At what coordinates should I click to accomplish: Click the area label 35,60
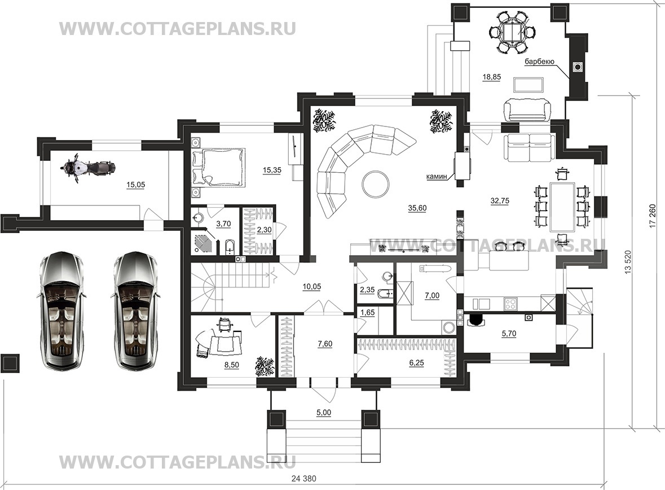(x=417, y=208)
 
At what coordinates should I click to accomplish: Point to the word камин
(x=437, y=176)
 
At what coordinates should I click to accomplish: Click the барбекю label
(x=539, y=62)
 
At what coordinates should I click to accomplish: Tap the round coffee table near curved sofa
(x=375, y=184)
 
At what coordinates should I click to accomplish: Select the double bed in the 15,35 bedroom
(x=218, y=167)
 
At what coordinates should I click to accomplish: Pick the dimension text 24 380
(x=304, y=479)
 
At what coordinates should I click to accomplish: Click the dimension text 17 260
(x=652, y=216)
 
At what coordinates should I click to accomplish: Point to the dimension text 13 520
(x=628, y=262)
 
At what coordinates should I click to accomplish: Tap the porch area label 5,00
(x=324, y=412)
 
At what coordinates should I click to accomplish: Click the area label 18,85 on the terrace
(x=491, y=77)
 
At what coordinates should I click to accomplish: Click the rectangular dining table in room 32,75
(x=562, y=207)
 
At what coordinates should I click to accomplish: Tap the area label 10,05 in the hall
(x=312, y=287)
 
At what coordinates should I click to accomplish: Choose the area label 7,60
(x=325, y=344)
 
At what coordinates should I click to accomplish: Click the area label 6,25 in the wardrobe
(x=416, y=363)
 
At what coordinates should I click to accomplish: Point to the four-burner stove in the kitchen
(x=510, y=304)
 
